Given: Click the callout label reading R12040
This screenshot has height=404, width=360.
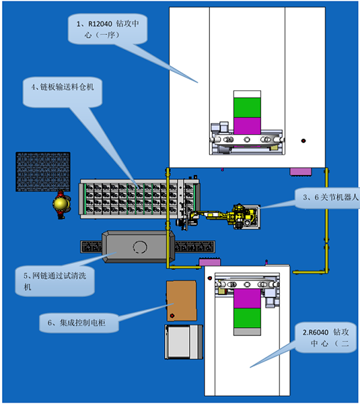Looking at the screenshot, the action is tap(108, 29).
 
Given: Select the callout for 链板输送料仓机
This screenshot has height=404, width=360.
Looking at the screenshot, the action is tap(63, 92).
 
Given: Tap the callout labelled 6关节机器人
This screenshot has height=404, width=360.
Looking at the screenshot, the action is tap(327, 198).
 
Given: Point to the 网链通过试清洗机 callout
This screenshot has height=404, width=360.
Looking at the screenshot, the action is tap(55, 281).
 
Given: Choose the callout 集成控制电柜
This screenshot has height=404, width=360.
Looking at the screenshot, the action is tap(79, 323).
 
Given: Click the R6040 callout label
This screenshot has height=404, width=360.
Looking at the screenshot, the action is tap(326, 337).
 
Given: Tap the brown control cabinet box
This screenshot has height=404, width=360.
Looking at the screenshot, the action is tap(182, 301).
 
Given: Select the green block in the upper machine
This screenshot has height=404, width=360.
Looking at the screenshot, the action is tap(247, 108).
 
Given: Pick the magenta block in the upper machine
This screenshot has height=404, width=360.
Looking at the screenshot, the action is tap(247, 126).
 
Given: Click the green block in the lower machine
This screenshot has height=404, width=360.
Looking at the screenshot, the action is tap(247, 318).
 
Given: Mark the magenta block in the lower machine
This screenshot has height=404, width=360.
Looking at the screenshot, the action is tap(247, 298).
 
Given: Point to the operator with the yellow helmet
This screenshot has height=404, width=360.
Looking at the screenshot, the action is tap(61, 204).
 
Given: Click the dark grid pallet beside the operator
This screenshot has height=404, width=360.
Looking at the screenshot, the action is tap(43, 172).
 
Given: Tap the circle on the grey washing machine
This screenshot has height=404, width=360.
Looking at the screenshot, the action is tap(140, 247).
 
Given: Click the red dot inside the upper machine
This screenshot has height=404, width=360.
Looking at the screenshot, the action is tap(303, 141).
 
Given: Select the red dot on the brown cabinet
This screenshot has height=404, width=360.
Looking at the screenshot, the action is tap(172, 316).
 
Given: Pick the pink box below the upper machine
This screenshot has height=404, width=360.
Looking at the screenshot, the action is tap(301, 172).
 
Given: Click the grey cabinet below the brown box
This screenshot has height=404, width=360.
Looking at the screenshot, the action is tap(184, 342).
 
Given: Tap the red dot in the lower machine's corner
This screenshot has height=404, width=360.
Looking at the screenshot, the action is tap(210, 278).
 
